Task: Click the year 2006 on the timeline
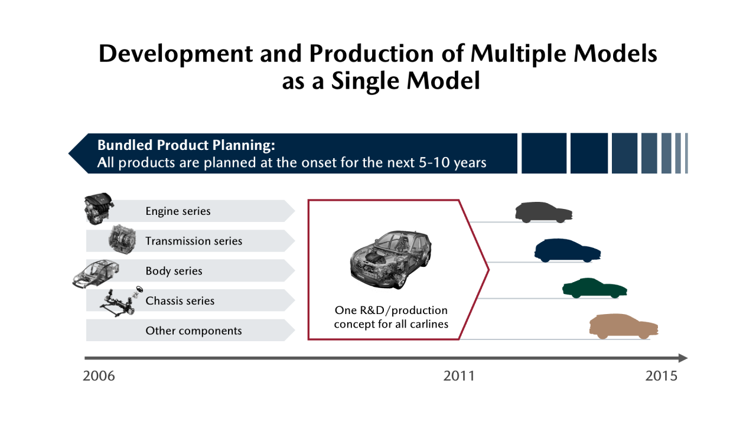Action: tap(99, 376)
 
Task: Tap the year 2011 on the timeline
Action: tap(459, 376)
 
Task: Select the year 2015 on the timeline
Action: tap(661, 376)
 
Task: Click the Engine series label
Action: tap(178, 211)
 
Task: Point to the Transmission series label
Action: tap(194, 241)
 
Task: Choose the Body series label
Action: tap(174, 271)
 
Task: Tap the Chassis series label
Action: tap(180, 300)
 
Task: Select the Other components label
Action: tap(194, 331)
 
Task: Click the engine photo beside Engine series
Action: tap(98, 209)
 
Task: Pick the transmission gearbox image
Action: tap(122, 239)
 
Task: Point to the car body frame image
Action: tap(96, 274)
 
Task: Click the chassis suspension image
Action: tap(121, 302)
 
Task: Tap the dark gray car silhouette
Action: tap(544, 212)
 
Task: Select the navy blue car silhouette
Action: tap(568, 250)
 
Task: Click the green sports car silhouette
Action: tap(595, 288)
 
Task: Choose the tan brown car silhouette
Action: tap(624, 326)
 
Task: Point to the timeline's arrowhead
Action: tap(683, 358)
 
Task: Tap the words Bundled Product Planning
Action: tap(186, 145)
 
